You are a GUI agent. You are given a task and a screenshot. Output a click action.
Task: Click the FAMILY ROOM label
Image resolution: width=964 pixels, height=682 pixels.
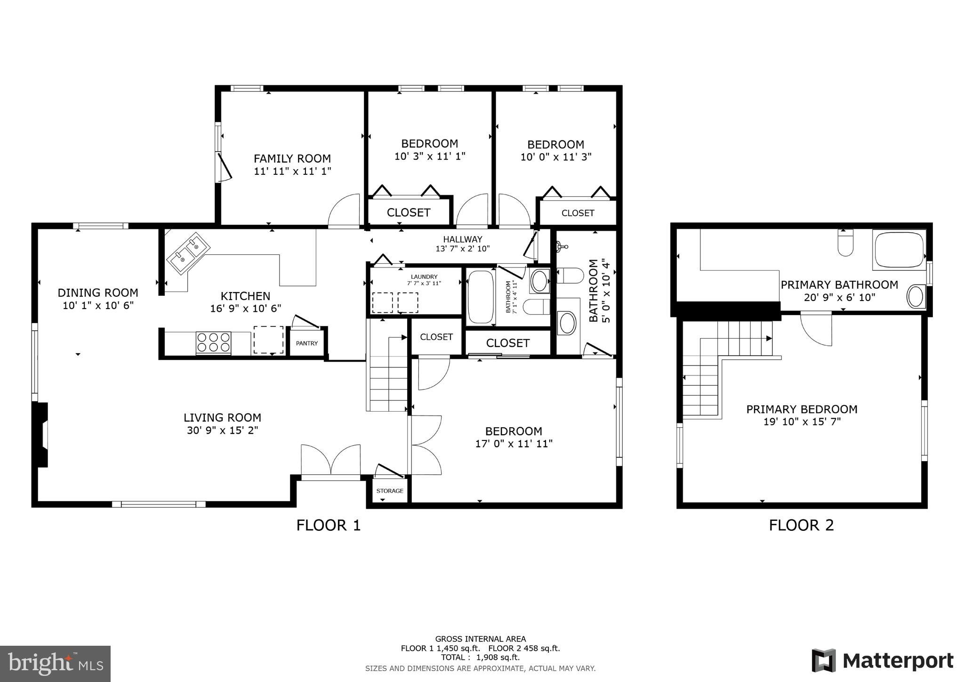point(292,159)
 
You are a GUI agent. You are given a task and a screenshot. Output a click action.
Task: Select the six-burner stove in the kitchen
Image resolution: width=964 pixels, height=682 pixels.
point(213,342)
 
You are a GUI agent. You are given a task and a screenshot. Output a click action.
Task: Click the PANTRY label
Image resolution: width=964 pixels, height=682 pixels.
point(306,343)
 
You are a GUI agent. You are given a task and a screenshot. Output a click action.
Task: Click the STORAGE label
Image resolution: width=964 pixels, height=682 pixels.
point(390,491)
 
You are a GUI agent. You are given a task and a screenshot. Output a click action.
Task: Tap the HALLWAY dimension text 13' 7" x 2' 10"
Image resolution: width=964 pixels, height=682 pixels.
point(462,249)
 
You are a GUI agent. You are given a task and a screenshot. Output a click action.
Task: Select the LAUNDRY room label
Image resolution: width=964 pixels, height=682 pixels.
point(424,277)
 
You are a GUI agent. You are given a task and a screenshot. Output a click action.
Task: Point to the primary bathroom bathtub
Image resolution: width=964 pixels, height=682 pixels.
point(899,250)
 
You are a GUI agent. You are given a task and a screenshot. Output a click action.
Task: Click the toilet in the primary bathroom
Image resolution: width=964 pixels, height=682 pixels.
point(845,243)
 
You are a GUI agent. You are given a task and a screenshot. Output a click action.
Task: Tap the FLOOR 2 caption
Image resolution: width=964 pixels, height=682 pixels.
point(801,525)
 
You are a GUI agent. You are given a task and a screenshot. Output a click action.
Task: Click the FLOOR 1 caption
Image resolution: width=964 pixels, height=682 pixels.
point(328,525)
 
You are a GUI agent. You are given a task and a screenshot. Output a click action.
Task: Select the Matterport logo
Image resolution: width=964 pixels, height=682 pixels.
point(883,661)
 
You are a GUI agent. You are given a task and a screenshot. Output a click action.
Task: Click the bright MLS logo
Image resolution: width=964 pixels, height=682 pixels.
point(55,664)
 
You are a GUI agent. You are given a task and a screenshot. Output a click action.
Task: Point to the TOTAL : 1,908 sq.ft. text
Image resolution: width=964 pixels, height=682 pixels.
point(480,658)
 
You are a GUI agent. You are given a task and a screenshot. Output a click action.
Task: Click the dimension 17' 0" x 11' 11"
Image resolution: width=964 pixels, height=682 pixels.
point(514,444)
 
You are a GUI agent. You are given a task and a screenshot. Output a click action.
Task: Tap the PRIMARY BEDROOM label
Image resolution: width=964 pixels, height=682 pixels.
point(802,409)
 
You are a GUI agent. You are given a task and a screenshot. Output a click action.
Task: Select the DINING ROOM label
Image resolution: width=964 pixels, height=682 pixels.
point(98,293)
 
